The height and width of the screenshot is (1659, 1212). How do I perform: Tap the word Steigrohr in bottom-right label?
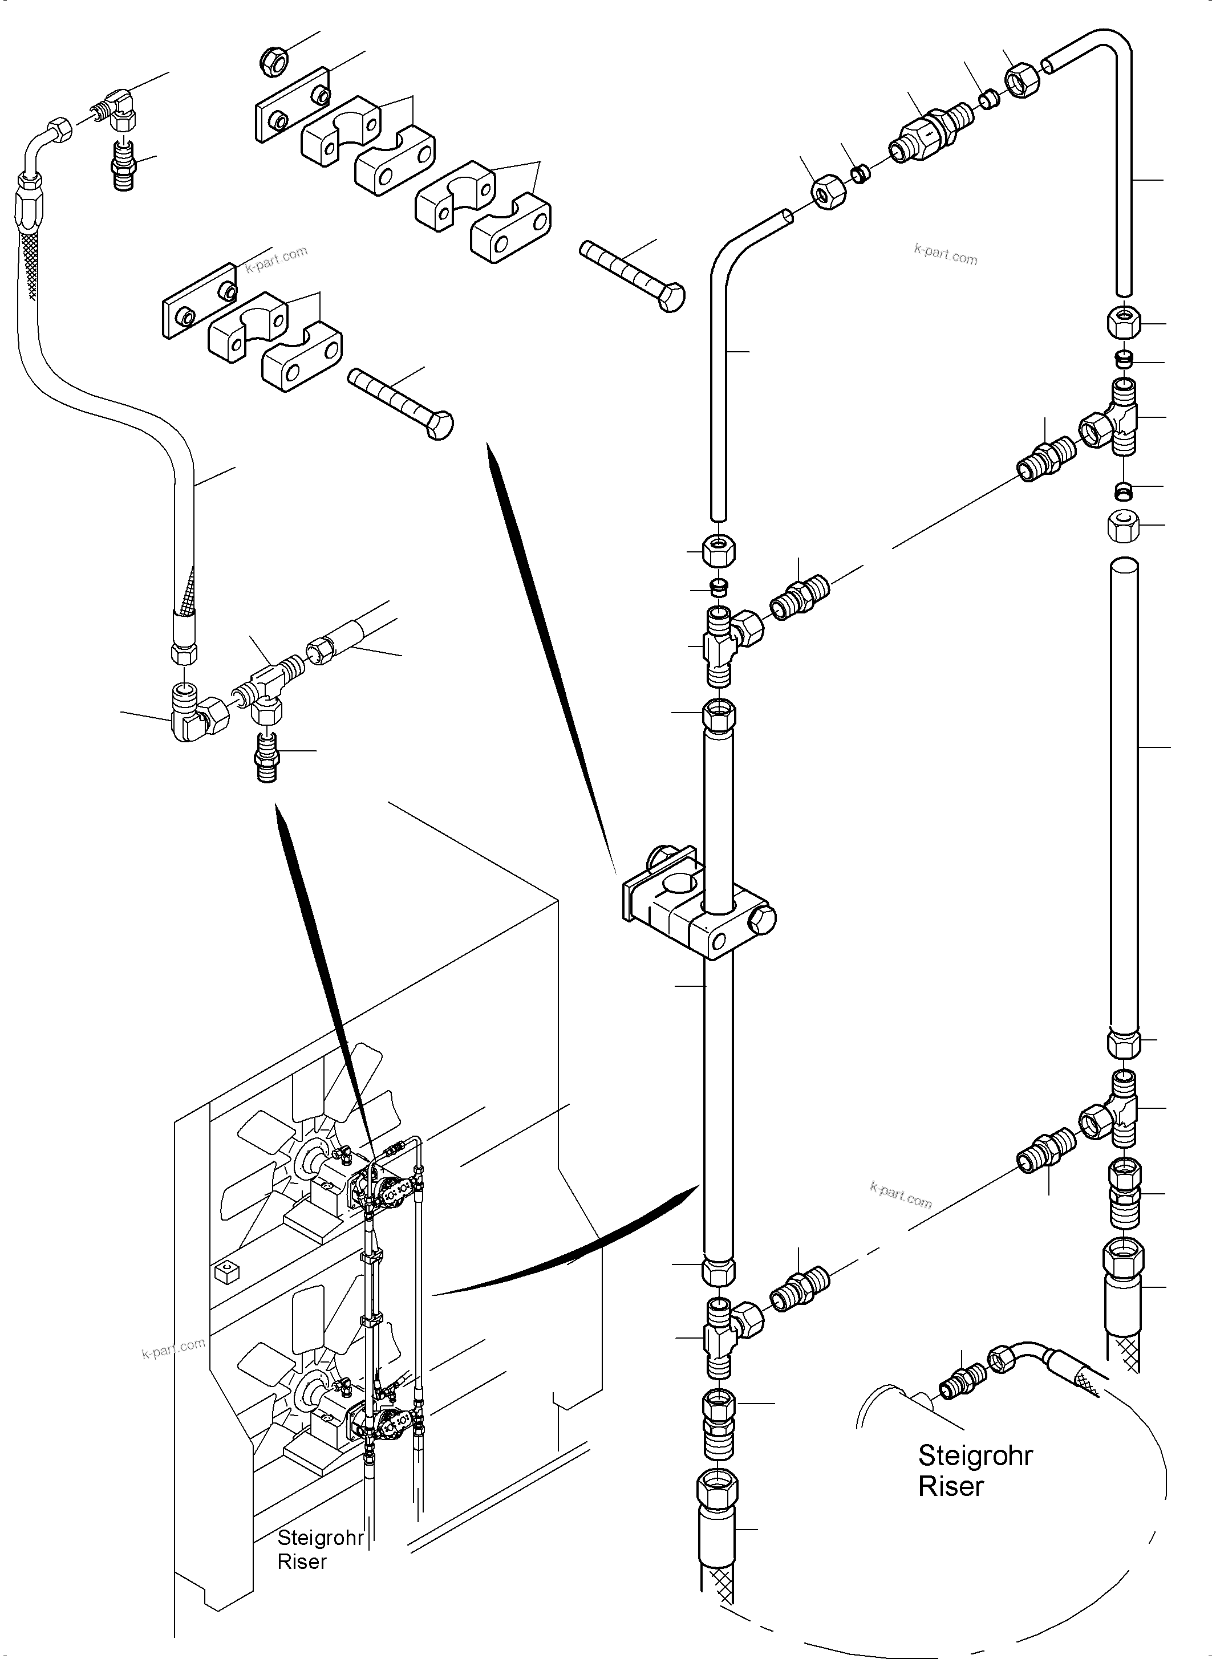point(975,1455)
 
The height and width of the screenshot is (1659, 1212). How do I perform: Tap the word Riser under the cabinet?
point(302,1562)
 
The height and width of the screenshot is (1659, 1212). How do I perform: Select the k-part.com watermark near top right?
point(945,254)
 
